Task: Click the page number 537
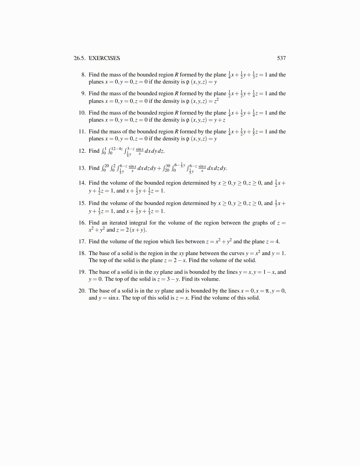pyautogui.click(x=281, y=58)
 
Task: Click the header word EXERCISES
pyautogui.click(x=104, y=58)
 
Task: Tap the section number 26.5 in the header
pyautogui.click(x=79, y=58)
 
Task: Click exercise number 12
pyautogui.click(x=82, y=151)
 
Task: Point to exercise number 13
pyautogui.click(x=82, y=168)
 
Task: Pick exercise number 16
pyautogui.click(x=82, y=223)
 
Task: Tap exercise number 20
pyautogui.click(x=82, y=291)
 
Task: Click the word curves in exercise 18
pyautogui.click(x=236, y=253)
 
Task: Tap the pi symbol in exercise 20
pyautogui.click(x=267, y=291)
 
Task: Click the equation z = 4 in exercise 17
pyautogui.click(x=273, y=242)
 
